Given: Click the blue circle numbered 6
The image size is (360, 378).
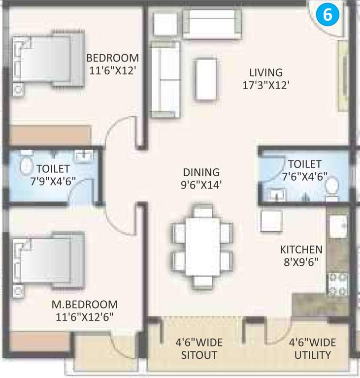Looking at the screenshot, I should click(328, 14).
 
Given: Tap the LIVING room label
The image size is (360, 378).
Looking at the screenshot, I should click(265, 72).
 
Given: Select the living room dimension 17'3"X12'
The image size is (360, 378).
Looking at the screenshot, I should click(265, 85).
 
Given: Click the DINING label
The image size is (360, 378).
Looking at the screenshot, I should click(201, 173).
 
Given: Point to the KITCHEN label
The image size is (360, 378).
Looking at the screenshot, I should click(301, 249).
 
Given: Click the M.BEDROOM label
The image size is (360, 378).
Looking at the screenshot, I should click(85, 304).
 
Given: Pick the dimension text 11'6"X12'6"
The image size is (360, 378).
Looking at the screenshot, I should click(85, 316).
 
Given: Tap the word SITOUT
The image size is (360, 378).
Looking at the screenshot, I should click(199, 354).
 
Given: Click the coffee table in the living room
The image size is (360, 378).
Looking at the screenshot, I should click(206, 79).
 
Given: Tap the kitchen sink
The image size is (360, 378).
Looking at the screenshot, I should click(338, 227).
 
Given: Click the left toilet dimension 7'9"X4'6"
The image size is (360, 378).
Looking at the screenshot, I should click(51, 181).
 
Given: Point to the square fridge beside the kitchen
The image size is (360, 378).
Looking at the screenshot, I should click(271, 220).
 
